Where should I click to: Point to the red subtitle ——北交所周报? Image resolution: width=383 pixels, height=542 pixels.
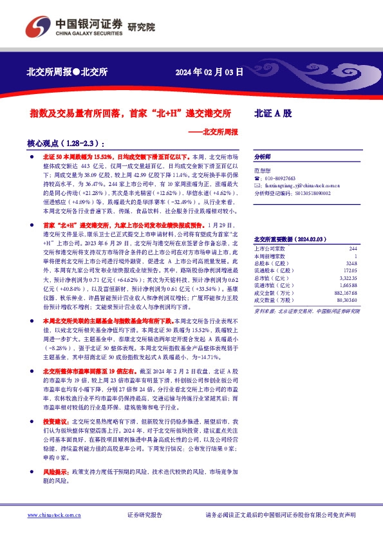coord(215,131)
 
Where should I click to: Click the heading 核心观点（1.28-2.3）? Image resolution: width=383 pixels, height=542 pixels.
coord(66,144)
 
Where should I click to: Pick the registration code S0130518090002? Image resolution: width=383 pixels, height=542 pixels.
coord(303,192)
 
